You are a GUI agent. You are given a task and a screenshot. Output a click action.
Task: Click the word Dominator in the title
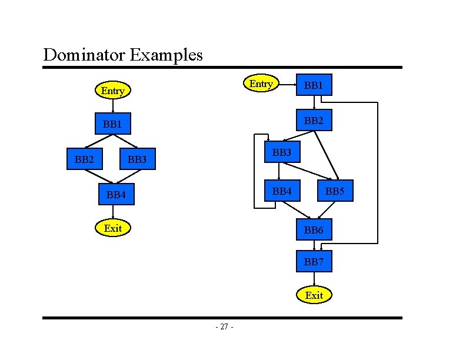pos(84,55)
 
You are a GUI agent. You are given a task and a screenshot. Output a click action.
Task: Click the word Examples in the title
pos(166,55)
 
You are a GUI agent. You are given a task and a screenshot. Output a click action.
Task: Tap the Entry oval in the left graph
pos(112,91)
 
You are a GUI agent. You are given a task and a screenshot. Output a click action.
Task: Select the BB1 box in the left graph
pos(112,124)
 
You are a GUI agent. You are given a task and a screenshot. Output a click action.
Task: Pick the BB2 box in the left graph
pos(84,158)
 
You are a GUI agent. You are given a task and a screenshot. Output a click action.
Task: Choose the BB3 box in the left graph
pos(137,159)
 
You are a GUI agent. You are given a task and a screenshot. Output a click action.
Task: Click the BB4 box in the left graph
pos(116,194)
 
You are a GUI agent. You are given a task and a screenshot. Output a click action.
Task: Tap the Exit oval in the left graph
pos(112,228)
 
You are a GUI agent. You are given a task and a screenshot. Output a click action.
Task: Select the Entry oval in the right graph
pos(261,84)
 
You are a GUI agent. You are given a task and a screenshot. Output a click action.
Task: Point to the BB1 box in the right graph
pos(314,85)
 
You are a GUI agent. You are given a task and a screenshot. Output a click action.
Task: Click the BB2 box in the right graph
pos(314,120)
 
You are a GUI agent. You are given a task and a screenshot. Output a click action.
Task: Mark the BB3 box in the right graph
pos(282,152)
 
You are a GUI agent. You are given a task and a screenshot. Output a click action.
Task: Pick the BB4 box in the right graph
pos(282,191)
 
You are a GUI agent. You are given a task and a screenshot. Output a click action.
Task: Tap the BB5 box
pos(335,191)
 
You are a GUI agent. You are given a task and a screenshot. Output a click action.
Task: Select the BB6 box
pos(314,229)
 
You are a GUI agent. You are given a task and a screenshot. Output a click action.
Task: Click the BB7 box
pos(314,261)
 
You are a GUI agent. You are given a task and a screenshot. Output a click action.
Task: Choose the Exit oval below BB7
pos(314,295)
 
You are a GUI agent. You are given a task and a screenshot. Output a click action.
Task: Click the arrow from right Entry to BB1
pos(287,85)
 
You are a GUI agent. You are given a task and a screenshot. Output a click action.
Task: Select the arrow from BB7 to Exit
pos(314,279)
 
